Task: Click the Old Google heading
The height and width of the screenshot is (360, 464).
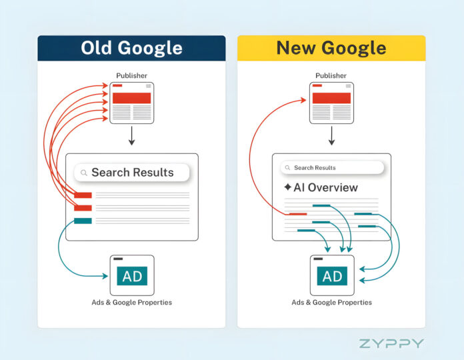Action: [x=131, y=48]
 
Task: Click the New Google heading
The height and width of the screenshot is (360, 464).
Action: [x=331, y=48]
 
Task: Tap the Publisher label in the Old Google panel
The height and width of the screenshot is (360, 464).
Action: [x=131, y=75]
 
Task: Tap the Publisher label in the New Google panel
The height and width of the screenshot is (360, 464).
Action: [x=331, y=75]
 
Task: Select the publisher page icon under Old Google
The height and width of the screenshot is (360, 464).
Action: [x=131, y=102]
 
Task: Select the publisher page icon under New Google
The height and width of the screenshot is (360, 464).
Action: [x=331, y=102]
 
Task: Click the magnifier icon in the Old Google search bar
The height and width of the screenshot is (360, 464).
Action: [x=84, y=173]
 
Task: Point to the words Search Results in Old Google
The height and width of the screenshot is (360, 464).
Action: [x=132, y=173]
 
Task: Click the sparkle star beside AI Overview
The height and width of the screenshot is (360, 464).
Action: [x=287, y=187]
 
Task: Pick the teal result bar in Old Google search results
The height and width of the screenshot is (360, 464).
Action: [x=83, y=221]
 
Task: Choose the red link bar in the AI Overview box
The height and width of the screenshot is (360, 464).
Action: [x=297, y=214]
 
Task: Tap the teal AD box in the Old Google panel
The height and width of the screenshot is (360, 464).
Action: [x=132, y=276]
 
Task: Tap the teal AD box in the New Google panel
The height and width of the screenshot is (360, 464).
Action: [x=332, y=276]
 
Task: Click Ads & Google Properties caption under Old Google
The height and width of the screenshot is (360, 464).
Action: [x=131, y=303]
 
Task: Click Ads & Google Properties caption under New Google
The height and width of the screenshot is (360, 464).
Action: [x=331, y=303]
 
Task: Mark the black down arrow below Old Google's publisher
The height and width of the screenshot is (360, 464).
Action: [x=131, y=136]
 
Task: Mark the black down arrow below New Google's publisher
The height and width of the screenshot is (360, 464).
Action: [x=331, y=136]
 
